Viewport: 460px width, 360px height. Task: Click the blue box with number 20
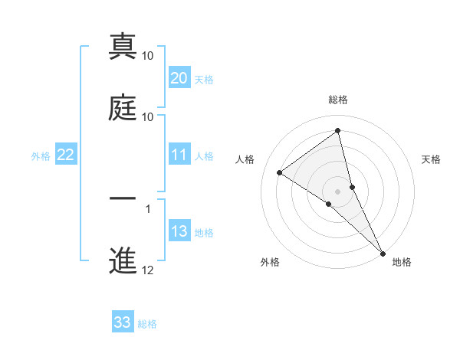coord(179,78)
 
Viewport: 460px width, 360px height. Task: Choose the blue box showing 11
coord(179,155)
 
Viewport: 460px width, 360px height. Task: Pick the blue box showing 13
coord(179,232)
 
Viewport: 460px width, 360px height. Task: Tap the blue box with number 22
coord(65,155)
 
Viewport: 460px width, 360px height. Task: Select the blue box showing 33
coord(123,322)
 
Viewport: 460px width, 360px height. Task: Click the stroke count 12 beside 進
coord(148,270)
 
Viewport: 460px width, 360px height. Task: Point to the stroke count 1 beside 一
coord(148,208)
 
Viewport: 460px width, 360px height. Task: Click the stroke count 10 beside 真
coord(148,56)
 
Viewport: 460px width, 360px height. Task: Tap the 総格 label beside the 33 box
coord(147,324)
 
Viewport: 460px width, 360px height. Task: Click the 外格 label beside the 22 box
coord(41,156)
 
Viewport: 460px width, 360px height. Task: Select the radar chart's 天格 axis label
coord(431,159)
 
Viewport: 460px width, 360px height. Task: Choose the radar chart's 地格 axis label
coord(402,262)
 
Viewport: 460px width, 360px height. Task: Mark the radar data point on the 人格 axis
coord(280,172)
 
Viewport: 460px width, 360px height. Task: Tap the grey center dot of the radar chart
coord(338,191)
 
